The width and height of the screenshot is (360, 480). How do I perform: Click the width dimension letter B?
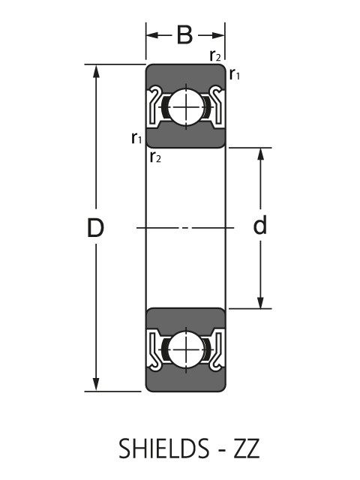184,35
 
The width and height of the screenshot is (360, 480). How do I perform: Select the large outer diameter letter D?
94,228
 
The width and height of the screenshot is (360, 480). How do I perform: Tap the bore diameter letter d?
260,226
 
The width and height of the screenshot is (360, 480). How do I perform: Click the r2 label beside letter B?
216,55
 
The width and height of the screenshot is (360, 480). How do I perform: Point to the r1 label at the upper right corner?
235,73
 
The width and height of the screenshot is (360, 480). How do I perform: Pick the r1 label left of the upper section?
136,137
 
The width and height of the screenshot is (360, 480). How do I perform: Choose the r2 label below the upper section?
155,157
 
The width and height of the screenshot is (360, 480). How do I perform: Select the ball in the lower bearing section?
184,349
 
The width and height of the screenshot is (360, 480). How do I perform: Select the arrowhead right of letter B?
219,35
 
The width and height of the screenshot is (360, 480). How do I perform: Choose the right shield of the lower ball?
216,349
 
